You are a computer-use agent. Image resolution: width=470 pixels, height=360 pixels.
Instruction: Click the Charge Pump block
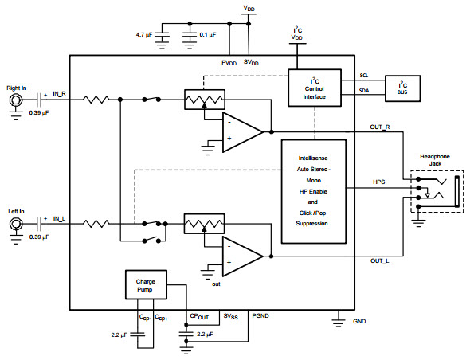point(146,285)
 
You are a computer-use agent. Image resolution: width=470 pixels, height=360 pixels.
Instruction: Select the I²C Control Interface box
point(315,88)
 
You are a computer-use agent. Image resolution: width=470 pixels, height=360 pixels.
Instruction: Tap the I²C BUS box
point(402,88)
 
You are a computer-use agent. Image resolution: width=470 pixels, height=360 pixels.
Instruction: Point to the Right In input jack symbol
point(16,100)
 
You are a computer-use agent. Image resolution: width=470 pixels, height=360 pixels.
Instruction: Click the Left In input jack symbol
point(16,224)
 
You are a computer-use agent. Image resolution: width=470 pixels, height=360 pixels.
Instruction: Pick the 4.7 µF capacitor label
point(144,35)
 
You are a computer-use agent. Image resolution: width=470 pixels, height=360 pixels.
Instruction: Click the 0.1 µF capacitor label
point(208,35)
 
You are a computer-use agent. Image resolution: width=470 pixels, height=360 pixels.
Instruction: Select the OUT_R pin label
point(380,127)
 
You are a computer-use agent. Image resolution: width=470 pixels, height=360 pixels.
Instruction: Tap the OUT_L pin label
point(379,260)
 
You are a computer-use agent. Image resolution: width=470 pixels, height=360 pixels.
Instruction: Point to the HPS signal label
point(379,182)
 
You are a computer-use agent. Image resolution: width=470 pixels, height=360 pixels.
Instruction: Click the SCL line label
point(364,76)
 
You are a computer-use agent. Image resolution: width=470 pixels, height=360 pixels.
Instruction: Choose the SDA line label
point(364,91)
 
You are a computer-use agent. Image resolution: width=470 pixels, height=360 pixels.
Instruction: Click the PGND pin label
point(260,315)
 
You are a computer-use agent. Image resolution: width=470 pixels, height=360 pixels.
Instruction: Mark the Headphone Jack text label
point(435,160)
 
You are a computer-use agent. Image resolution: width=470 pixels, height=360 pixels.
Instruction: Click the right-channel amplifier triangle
point(242,132)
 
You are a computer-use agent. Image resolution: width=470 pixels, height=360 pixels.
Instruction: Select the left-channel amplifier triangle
point(242,256)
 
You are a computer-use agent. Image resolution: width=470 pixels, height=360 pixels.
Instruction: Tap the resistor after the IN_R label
point(96,100)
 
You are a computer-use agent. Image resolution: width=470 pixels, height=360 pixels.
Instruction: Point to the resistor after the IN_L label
point(96,224)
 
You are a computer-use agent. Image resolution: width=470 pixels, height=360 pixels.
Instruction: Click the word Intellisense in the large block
point(313,158)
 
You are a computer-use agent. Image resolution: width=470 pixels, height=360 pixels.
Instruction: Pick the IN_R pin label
point(59,93)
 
